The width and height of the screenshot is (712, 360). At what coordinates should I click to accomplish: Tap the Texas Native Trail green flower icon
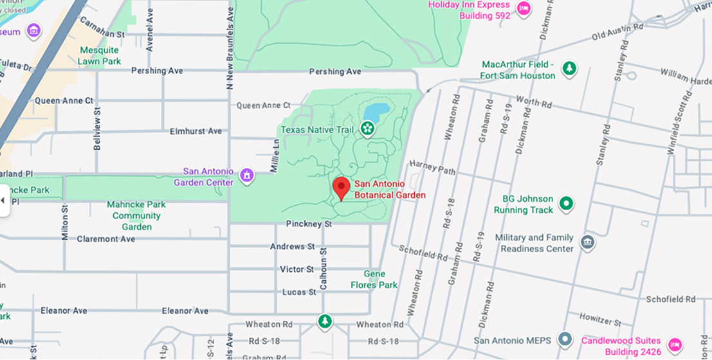click(x=367, y=129)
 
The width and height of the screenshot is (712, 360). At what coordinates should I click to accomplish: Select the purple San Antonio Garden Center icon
click(x=246, y=175)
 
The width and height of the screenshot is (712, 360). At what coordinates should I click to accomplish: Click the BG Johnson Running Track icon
click(x=566, y=204)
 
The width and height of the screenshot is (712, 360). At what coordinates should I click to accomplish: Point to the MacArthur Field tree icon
click(x=569, y=68)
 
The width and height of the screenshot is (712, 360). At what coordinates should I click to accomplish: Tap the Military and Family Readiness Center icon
click(x=587, y=243)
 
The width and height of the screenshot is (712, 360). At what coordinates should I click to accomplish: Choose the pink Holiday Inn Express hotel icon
click(x=524, y=9)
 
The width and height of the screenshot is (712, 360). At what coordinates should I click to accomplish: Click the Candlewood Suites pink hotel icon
click(x=674, y=345)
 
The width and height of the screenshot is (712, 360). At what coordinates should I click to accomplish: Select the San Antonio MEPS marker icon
click(x=565, y=339)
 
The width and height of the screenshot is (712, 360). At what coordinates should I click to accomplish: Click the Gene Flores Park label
click(x=374, y=280)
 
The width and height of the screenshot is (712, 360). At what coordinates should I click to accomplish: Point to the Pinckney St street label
click(x=309, y=224)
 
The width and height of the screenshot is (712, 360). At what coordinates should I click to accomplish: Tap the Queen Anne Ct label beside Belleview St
click(x=64, y=101)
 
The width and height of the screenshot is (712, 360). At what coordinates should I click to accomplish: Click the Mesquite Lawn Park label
click(x=99, y=56)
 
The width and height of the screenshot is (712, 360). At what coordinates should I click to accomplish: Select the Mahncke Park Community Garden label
click(x=136, y=215)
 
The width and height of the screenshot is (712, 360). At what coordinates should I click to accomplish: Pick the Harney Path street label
click(x=432, y=168)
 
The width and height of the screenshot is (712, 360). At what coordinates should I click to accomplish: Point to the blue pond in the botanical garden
click(x=376, y=110)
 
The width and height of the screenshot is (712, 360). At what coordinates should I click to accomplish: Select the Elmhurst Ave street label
click(x=196, y=131)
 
